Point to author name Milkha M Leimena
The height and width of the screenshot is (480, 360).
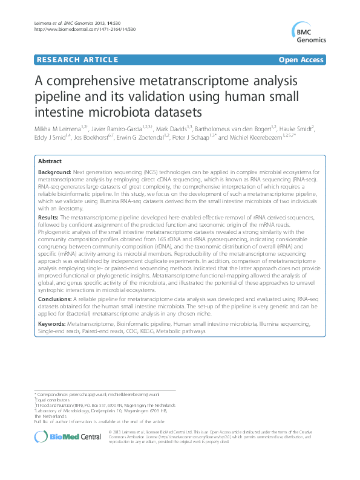pyautogui.click(x=61, y=129)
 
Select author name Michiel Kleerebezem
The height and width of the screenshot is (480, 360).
pyautogui.click(x=252, y=138)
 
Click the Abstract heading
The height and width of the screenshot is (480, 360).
pyautogui.click(x=50, y=162)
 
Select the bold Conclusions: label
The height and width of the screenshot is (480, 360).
pyautogui.click(x=58, y=299)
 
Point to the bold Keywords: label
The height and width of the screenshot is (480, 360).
pyautogui.click(x=54, y=324)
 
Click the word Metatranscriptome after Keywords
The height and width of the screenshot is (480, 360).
pyautogui.click(x=97, y=324)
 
